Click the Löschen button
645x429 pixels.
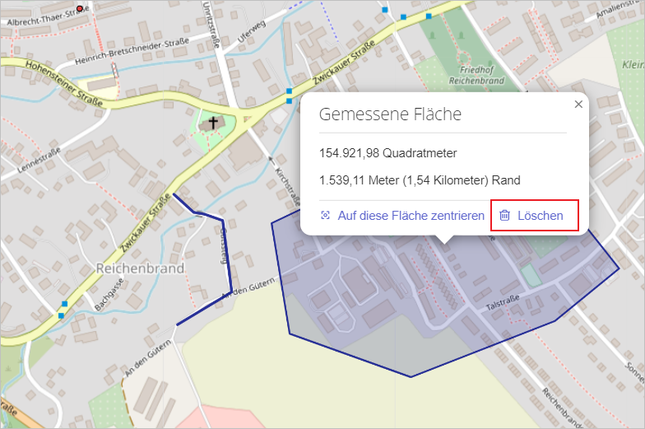(535, 216)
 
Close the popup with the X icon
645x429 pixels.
(578, 105)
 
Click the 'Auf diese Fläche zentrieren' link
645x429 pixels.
(402, 216)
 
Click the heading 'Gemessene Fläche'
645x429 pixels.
(390, 114)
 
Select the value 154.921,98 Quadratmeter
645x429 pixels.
(387, 153)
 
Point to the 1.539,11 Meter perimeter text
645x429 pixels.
(420, 180)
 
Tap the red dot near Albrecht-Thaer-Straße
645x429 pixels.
(80, 9)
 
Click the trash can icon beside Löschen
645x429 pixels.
(504, 216)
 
